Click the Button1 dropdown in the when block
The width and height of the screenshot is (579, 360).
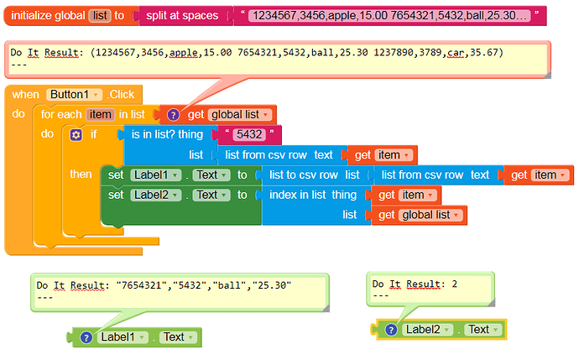[x=74, y=95]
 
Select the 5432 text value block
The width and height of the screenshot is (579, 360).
[x=249, y=134]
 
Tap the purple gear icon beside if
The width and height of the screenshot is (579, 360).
[x=76, y=135]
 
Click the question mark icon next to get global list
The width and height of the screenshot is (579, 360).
[x=173, y=115]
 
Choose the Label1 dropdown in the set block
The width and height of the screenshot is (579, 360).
[x=156, y=175]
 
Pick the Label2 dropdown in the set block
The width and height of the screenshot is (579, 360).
[x=156, y=195]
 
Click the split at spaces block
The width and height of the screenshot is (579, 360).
[x=182, y=15]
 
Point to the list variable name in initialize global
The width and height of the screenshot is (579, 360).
[x=100, y=15]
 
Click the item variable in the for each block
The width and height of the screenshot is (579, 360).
[x=100, y=114]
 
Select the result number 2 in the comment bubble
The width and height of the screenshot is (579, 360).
[x=455, y=284]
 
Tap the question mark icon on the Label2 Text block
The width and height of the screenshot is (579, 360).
[x=391, y=329]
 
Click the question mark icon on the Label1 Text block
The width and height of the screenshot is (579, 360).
[x=86, y=337]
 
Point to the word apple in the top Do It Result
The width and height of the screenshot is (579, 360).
[x=184, y=53]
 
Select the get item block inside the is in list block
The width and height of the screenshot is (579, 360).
[x=383, y=155]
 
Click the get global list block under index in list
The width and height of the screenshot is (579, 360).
[x=419, y=215]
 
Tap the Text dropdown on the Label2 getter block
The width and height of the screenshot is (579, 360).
[x=482, y=329]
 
